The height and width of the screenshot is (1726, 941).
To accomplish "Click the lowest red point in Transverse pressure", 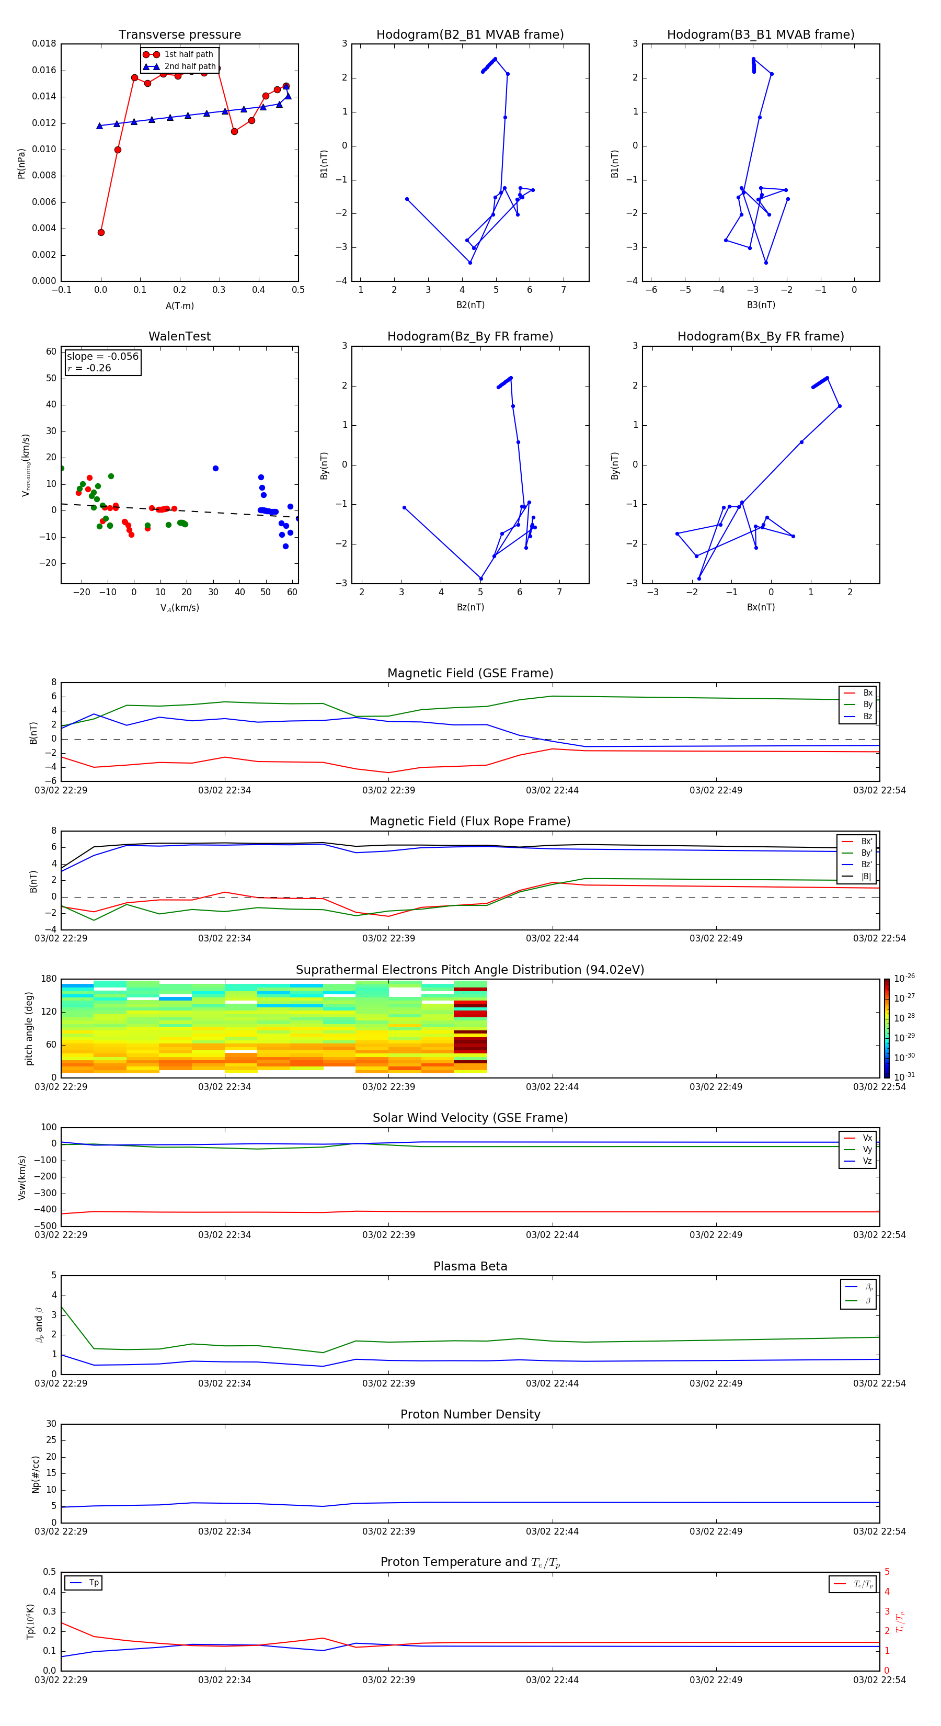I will coord(101,233).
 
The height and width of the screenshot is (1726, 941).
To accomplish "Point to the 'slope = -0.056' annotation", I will coord(102,357).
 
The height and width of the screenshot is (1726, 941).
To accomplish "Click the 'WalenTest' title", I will coord(179,336).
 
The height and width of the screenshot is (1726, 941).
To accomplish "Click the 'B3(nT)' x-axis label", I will coord(761,305).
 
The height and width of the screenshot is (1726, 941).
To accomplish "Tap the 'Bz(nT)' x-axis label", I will coord(470,607).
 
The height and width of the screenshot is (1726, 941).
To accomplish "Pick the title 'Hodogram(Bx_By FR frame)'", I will coord(760,336).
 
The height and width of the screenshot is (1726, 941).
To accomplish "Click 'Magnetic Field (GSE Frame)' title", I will coord(470,673).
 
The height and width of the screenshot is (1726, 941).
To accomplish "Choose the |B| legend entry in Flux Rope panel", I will coord(865,877).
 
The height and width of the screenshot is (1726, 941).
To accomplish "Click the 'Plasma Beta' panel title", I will coord(470,1266).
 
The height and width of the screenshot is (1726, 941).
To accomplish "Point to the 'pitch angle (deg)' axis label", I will coord(29,1028).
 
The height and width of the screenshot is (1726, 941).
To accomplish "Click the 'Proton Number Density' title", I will coord(470,1414).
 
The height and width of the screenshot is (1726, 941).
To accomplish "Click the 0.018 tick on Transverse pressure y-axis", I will coord(44,44).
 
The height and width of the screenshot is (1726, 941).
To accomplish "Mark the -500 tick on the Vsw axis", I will coord(44,1226).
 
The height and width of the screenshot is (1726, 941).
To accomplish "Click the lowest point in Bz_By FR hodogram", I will coord(481,578).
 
